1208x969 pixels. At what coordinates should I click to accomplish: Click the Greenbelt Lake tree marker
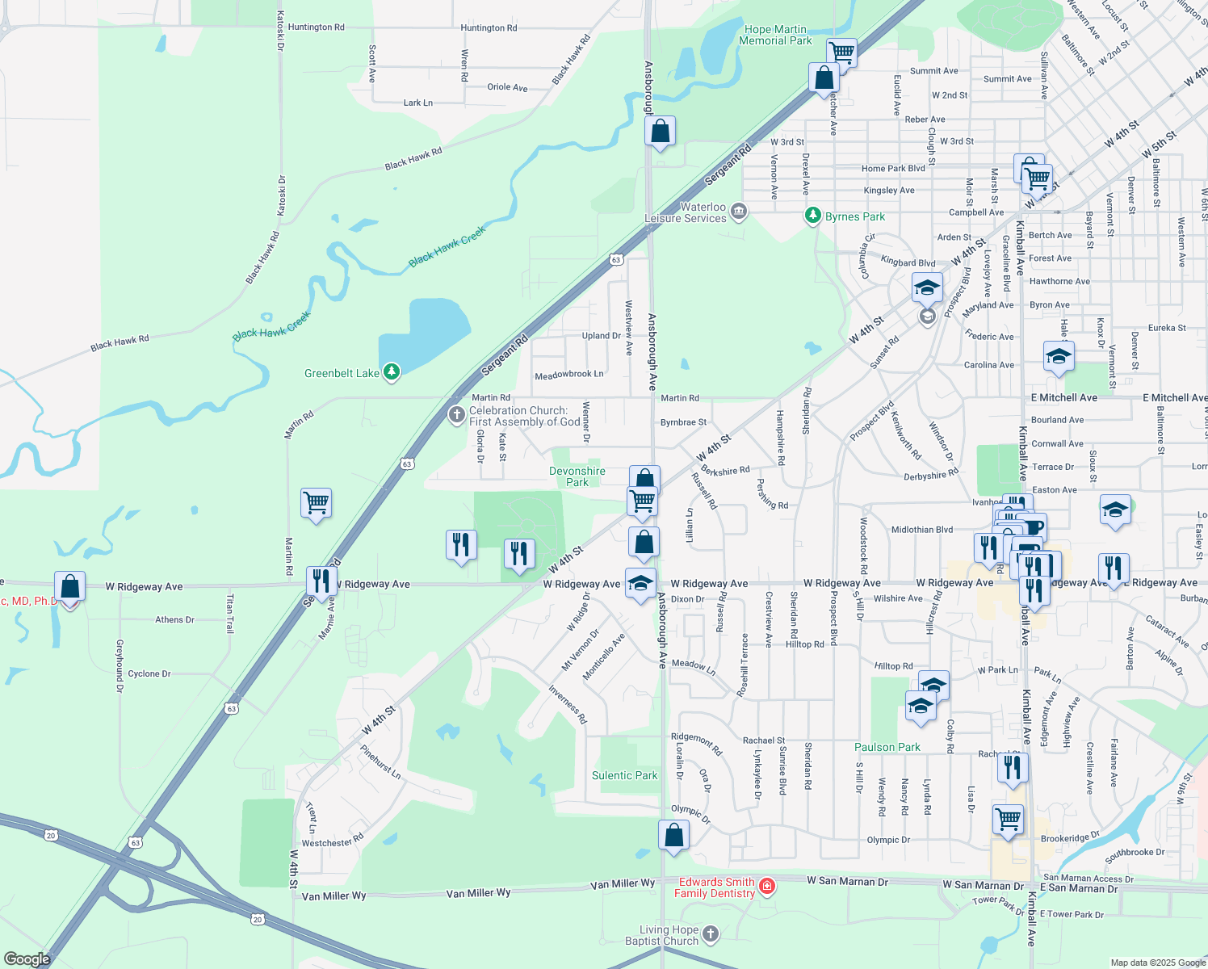392,371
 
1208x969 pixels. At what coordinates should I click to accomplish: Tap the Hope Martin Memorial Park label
775,36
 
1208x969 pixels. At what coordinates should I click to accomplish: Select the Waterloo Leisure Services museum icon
738,212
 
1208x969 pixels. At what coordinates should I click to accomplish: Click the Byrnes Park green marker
813,216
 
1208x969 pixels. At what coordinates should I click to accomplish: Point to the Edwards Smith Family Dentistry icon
767,887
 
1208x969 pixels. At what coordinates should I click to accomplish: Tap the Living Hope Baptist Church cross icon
710,934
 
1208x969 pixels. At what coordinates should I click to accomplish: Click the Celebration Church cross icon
456,415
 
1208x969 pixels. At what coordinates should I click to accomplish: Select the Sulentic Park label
624,775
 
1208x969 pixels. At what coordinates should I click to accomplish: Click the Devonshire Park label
577,476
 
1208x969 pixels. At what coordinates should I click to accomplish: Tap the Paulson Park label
887,747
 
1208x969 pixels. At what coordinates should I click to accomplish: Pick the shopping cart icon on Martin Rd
316,503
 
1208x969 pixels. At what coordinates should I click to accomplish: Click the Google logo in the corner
27,959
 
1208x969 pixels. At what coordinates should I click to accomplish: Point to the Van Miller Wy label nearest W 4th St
333,896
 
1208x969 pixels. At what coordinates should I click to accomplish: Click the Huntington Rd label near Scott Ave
316,27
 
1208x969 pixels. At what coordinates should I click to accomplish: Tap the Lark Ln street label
417,103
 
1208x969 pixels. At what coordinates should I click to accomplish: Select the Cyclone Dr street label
149,673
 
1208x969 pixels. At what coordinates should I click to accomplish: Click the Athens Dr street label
174,620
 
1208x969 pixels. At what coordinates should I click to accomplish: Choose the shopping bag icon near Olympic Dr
673,835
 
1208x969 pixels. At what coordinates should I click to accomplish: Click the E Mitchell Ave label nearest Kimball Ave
1064,397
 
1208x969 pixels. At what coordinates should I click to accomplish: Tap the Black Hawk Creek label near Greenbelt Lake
271,327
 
